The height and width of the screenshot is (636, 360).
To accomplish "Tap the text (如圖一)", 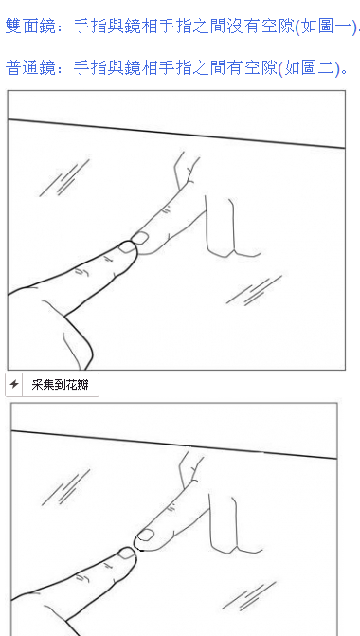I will (x=327, y=27).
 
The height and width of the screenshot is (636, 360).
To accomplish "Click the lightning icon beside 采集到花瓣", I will (x=14, y=385).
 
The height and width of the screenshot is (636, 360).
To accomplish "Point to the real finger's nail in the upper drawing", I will (x=127, y=248).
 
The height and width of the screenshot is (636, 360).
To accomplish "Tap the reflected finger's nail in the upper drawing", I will (x=140, y=236).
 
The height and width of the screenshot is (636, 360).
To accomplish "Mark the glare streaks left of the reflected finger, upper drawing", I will (x=64, y=178).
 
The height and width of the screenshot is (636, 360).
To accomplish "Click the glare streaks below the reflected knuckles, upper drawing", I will (x=254, y=290).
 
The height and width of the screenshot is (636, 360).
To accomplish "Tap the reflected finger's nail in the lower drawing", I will (x=145, y=536).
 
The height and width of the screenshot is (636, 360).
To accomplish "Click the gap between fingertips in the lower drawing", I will (x=135, y=546).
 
